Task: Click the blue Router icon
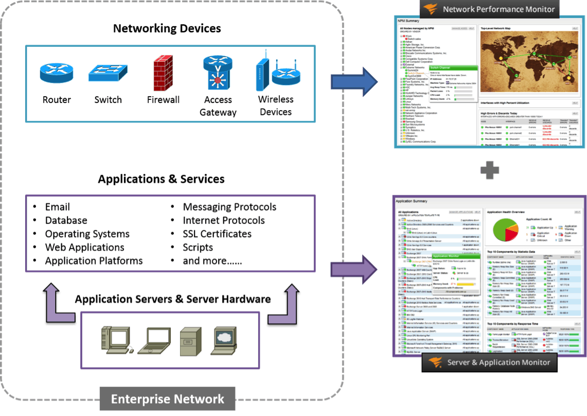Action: [56, 73]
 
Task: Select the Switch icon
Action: [108, 73]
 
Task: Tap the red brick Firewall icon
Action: [163, 73]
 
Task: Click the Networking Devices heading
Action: [167, 28]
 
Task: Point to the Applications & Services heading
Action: [161, 179]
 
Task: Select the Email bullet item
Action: [57, 207]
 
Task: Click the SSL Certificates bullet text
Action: [217, 234]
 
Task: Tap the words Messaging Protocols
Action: [229, 207]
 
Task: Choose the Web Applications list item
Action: [84, 247]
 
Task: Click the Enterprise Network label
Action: [168, 399]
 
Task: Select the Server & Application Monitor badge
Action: [489, 362]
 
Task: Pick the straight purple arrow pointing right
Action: [354, 269]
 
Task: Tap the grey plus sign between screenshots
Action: [489, 170]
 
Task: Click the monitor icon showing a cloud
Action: [225, 340]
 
